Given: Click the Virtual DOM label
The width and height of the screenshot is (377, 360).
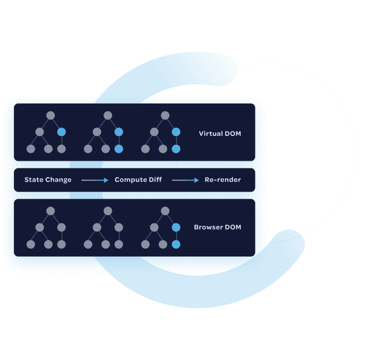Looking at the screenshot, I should pyautogui.click(x=220, y=134).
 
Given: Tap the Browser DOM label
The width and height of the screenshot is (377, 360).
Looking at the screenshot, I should pyautogui.click(x=217, y=227).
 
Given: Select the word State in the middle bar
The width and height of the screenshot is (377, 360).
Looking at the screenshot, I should pyautogui.click(x=33, y=180).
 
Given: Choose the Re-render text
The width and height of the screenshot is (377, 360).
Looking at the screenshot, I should pyautogui.click(x=223, y=180).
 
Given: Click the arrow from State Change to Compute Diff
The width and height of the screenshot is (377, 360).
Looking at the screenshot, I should pyautogui.click(x=95, y=180).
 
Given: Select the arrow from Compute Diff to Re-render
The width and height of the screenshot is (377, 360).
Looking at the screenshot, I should pyautogui.click(x=185, y=180).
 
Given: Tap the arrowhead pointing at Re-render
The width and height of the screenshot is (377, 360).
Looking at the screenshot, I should pyautogui.click(x=197, y=180).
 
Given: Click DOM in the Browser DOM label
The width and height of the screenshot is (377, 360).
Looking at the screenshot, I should pyautogui.click(x=233, y=227).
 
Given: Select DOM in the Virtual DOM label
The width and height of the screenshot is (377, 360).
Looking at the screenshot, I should pyautogui.click(x=233, y=134).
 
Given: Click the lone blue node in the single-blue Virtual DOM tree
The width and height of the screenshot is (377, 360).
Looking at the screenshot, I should pyautogui.click(x=61, y=132).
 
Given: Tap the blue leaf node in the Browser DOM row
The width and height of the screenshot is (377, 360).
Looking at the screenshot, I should pyautogui.click(x=176, y=244).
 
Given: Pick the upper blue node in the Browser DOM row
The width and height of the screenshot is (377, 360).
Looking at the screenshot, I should pyautogui.click(x=176, y=228).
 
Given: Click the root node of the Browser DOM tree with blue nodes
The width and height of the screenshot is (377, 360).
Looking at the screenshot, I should pyautogui.click(x=165, y=211).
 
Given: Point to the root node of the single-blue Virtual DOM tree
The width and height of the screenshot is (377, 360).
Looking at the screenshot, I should pyautogui.click(x=50, y=115).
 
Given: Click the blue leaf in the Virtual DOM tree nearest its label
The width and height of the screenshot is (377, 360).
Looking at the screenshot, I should pyautogui.click(x=176, y=149).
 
